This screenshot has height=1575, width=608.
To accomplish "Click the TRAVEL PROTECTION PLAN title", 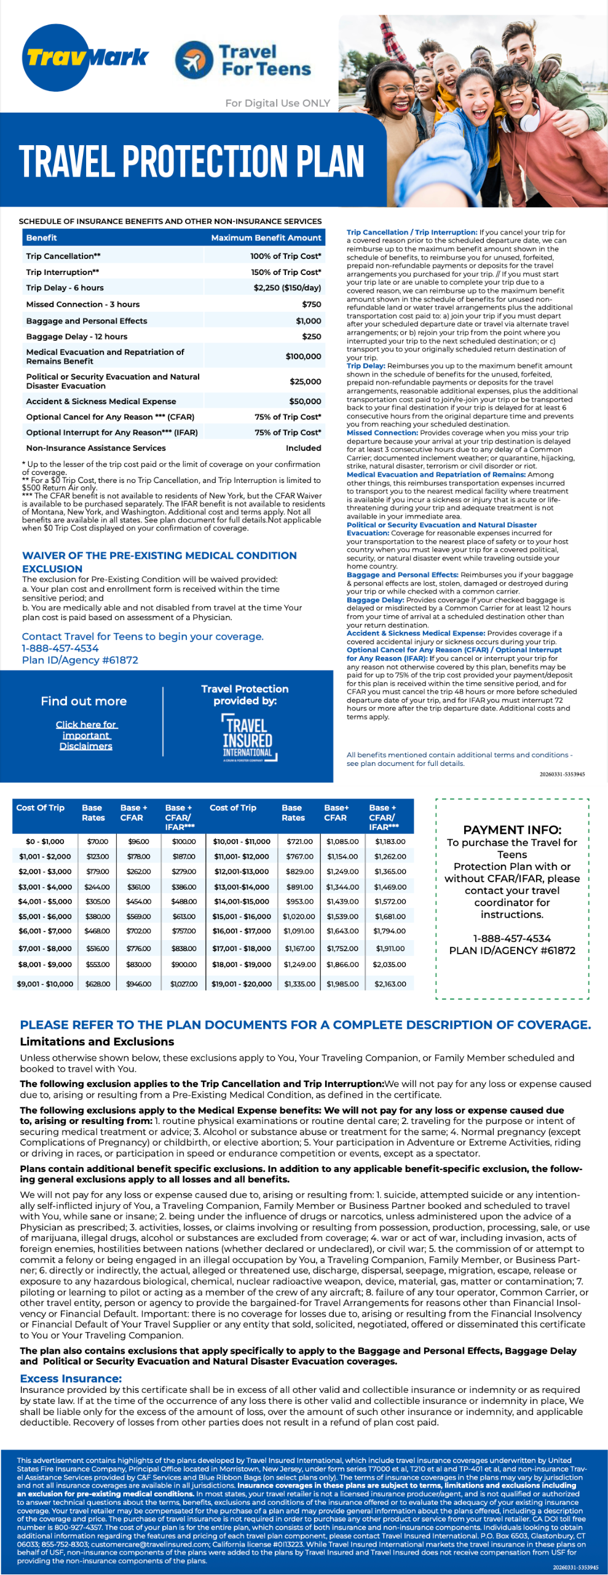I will (191, 161).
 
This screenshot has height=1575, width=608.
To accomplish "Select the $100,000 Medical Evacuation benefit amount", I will (303, 356).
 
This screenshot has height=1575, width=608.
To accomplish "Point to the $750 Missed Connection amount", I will (311, 304).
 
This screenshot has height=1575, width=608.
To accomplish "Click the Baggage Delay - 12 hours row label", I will (77, 337).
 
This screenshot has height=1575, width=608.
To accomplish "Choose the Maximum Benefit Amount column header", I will (266, 237).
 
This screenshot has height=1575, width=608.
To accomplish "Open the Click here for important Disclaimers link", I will (86, 735).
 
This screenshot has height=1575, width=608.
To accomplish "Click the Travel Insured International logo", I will (248, 739).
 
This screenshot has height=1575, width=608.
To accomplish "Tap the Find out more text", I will (84, 701).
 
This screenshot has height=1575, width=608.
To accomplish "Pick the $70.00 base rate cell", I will (97, 841).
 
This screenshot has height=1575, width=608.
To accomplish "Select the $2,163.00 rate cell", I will (390, 984).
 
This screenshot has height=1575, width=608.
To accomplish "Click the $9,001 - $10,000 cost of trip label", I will (45, 984).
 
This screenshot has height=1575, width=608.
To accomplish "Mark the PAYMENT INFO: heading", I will (511, 829).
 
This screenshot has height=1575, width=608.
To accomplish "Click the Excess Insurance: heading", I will (71, 1379).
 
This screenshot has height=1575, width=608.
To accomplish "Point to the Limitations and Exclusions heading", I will (97, 1042).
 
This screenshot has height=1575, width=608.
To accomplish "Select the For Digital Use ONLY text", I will (277, 103).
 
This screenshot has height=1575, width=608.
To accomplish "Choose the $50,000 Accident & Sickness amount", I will (305, 401).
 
